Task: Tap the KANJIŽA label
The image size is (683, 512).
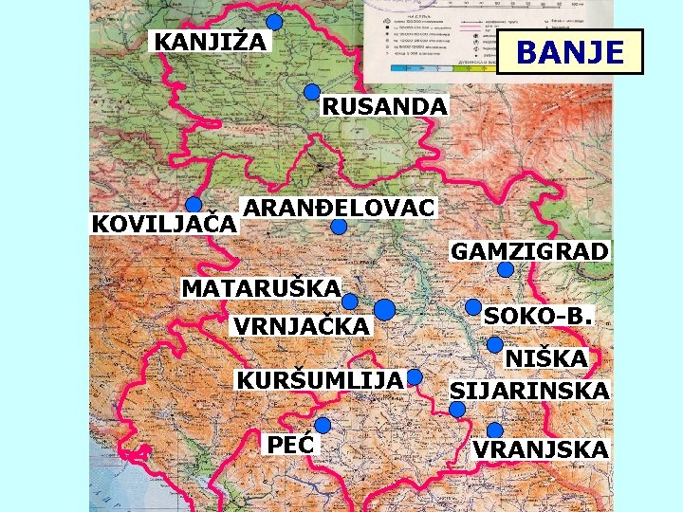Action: [211, 42]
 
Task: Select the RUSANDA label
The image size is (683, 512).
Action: [382, 106]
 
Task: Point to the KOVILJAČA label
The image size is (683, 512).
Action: [162, 226]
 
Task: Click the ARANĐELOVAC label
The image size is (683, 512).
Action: [338, 207]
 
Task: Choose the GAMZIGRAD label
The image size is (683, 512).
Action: [529, 251]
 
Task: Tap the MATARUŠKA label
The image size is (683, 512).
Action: [261, 286]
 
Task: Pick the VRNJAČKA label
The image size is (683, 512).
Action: [302, 326]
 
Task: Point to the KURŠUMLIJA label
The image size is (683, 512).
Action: [319, 379]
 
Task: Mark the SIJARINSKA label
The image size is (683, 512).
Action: [529, 391]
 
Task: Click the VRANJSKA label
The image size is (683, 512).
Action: [541, 449]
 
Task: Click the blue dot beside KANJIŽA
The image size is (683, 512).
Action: [274, 23]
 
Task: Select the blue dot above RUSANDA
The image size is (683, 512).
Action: [312, 92]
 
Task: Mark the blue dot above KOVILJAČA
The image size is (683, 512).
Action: [194, 205]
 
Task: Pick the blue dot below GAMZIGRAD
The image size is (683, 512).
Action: [506, 269]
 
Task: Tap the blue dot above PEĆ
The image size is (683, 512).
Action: [323, 425]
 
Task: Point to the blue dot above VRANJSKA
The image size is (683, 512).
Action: [494, 430]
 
